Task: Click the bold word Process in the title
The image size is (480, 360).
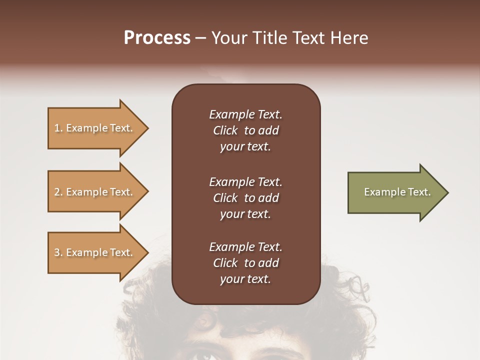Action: coord(157,38)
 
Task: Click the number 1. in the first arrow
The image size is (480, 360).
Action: coord(58,128)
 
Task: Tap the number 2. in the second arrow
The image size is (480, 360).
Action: coord(58,192)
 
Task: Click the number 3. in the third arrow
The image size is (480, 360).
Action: coord(58,252)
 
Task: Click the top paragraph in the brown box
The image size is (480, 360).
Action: coord(245,130)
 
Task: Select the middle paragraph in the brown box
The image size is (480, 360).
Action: coord(245,197)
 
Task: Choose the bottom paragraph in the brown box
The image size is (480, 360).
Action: coord(245,263)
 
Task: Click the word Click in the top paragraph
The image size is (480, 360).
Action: coord(225,130)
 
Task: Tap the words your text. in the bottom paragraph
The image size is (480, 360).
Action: coord(245,279)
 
